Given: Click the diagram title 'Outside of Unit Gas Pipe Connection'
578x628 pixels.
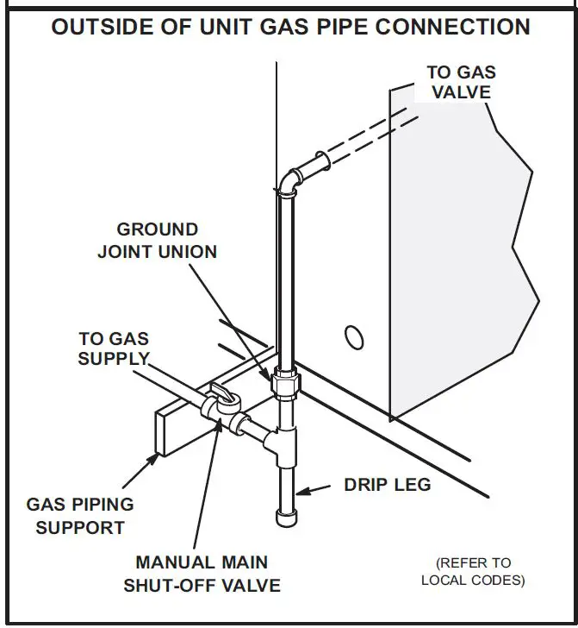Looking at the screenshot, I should click(290, 27).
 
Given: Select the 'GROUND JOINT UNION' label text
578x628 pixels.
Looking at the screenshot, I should click(158, 241).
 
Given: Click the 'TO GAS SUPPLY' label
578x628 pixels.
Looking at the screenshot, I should click(114, 349).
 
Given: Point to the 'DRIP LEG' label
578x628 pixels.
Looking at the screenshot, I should click(388, 485).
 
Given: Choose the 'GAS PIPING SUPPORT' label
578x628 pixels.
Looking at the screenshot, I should click(80, 515).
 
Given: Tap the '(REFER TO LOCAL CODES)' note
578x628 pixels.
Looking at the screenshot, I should click(473, 571).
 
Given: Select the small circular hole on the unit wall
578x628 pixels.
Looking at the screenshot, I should click(351, 336).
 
